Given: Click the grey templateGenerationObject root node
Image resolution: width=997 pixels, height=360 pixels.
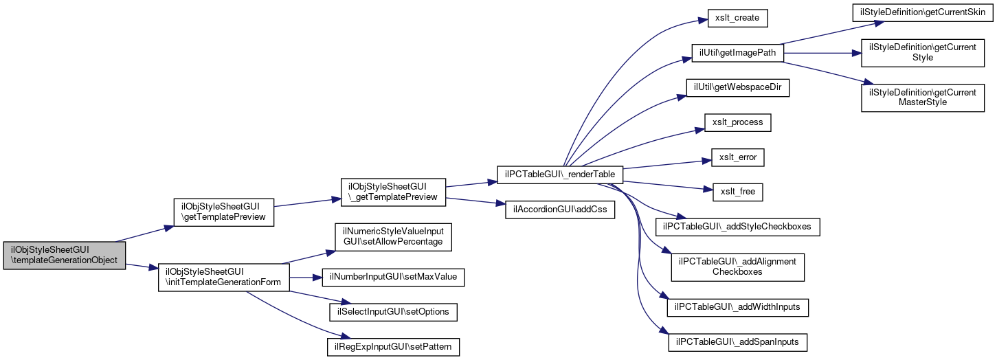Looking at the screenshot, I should [x=65, y=255].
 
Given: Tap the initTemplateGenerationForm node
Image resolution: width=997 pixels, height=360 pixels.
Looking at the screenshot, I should [x=223, y=277].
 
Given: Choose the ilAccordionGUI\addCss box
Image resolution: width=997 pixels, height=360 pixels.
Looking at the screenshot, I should [x=556, y=210].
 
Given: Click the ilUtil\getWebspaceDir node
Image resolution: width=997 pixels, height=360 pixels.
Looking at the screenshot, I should [x=737, y=88].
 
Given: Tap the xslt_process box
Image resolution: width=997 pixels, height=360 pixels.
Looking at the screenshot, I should [x=738, y=122].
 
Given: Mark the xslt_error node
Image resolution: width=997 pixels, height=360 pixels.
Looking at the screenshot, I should [x=738, y=157].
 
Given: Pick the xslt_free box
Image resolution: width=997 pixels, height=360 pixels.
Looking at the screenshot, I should [x=738, y=192].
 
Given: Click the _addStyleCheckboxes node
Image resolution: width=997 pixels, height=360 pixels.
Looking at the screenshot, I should [x=738, y=226].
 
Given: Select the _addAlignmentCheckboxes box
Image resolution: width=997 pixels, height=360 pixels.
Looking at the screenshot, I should [x=737, y=267].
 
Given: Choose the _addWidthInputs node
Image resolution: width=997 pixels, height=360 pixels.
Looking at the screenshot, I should [x=738, y=306].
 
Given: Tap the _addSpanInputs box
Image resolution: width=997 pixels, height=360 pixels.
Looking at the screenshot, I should [x=738, y=341].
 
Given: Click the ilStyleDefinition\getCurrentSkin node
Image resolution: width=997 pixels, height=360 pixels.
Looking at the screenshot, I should [x=922, y=12].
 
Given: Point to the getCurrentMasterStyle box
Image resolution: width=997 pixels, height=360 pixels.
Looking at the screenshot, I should [x=922, y=97].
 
